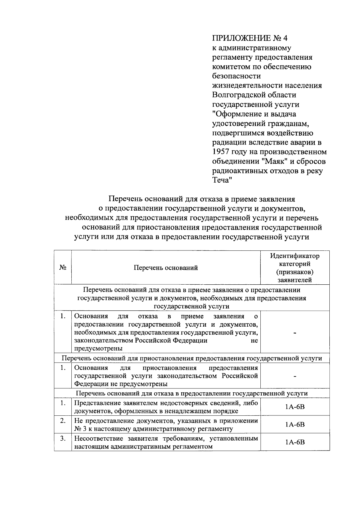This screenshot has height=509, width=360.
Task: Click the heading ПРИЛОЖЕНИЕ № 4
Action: pos(250,38)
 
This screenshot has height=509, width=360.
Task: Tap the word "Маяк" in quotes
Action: pos(275,162)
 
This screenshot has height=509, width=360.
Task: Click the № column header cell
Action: pos(63,268)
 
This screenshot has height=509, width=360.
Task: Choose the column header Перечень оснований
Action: pos(166,268)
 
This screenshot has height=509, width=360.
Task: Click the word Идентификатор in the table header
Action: pos(295,256)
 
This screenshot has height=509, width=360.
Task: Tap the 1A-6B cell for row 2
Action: pos(295,424)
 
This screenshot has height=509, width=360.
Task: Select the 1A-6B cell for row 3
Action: pos(295,442)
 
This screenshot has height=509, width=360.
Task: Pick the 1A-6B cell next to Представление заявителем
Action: pos(295,407)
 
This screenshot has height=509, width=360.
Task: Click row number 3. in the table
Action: pos(63,439)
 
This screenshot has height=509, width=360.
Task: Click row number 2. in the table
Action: pos(63,421)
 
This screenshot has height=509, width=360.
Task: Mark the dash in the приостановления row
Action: pos(295,376)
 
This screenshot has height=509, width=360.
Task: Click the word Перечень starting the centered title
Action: pos(125,199)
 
